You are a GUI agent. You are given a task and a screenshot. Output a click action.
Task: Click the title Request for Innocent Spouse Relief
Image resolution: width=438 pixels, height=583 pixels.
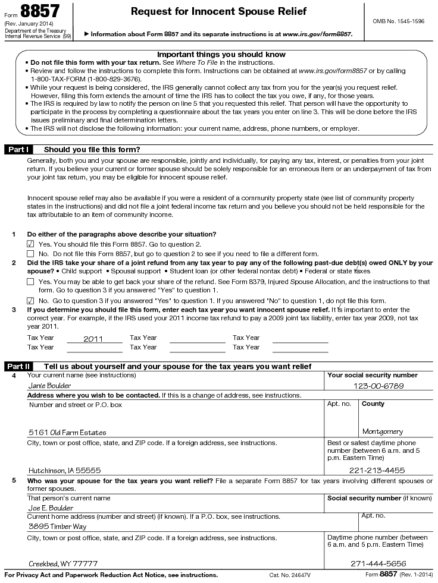point(218,11)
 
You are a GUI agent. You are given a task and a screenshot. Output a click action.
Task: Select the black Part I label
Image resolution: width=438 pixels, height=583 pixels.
point(18,150)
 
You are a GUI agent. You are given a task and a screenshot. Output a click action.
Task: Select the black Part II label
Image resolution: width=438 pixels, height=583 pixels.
point(18,366)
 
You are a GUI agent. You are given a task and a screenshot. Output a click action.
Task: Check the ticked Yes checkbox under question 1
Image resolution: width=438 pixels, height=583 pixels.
point(30,244)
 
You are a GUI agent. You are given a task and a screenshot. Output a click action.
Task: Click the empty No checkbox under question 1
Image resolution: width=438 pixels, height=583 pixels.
point(30,254)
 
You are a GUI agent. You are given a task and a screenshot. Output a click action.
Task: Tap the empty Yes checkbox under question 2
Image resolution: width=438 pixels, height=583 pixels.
point(30,282)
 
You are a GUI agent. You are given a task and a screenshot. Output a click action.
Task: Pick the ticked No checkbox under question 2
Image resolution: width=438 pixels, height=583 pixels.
point(30,301)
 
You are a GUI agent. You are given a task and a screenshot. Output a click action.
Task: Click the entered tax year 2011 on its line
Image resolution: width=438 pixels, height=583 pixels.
point(93,339)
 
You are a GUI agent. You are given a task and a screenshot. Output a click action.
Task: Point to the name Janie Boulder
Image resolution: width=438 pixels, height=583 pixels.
point(50,385)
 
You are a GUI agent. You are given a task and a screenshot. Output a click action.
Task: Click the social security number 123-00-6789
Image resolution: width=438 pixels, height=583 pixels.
point(378,386)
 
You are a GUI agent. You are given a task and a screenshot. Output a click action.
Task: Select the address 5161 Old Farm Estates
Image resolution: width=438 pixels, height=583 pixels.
point(67,432)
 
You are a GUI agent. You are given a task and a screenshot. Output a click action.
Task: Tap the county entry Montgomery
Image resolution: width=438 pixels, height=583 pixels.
point(382,432)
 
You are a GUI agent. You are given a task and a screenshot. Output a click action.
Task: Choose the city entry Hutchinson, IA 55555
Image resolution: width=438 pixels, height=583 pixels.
point(65,469)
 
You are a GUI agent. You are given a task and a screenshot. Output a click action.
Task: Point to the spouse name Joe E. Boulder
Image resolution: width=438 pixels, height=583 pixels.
point(51,508)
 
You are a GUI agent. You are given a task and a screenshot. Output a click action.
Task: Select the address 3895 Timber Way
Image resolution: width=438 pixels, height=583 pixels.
point(57,526)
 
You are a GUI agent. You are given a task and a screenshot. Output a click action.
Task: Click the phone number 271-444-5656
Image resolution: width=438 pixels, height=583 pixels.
point(378,563)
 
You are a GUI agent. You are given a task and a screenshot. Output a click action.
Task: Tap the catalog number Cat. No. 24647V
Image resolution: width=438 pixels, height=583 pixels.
point(290,575)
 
